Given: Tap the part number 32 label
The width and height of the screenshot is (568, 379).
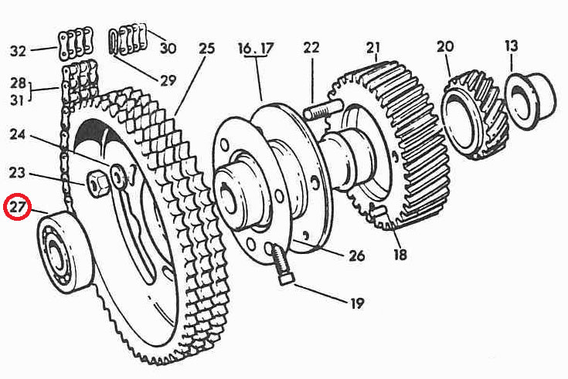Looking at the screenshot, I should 18,52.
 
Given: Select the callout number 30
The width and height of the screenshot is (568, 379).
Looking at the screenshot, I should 168,48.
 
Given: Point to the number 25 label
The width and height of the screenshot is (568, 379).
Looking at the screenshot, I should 206,49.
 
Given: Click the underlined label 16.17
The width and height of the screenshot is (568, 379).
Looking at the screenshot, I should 256,49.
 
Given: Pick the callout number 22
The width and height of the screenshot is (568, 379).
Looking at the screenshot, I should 311,48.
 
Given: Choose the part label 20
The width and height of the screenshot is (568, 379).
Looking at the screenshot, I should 445,46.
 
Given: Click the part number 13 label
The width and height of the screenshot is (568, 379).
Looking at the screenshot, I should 512,46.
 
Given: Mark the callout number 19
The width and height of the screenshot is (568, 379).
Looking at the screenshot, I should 356,303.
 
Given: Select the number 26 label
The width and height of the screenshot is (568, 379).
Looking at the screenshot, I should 356,255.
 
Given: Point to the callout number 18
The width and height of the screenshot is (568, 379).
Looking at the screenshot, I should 400,254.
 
